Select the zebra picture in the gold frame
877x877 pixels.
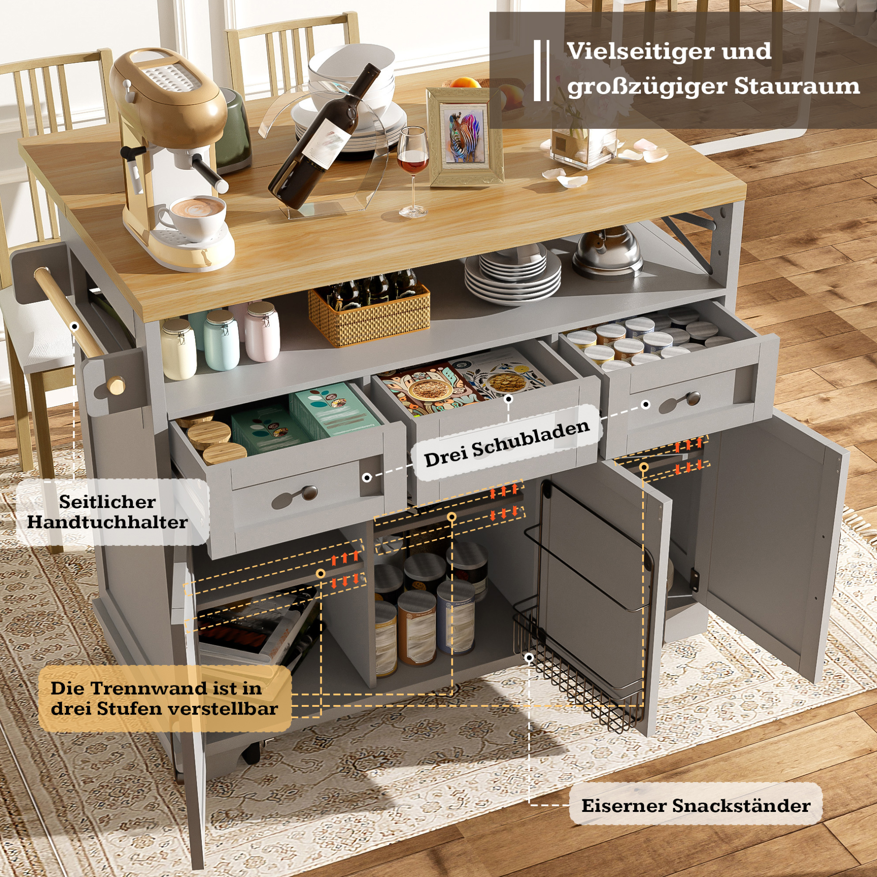[x=464, y=137]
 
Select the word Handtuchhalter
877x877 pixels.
[x=107, y=522]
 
